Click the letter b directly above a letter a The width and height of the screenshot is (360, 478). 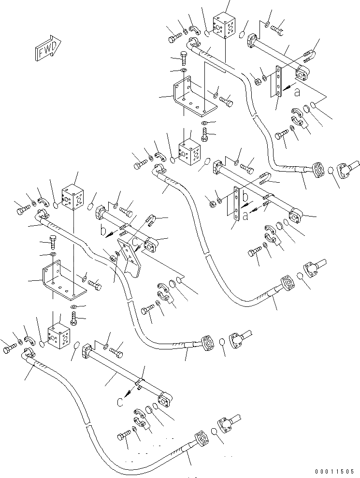tap(245, 197)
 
